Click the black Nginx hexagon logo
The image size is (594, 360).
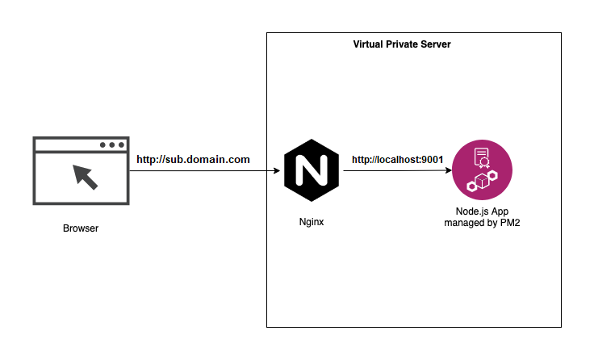point(310,170)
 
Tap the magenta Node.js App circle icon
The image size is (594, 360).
point(482,170)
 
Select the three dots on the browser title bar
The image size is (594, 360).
point(112,145)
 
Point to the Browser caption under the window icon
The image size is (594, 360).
point(81,228)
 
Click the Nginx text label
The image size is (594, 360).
point(311,222)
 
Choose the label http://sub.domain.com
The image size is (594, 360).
point(193,160)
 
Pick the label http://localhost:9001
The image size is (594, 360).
point(398,160)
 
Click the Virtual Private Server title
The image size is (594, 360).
point(402,44)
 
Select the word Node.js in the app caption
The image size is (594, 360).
point(473,211)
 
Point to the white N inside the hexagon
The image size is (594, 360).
point(310,170)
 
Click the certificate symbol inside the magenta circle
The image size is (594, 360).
point(481,157)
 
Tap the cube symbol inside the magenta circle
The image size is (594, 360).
point(483,182)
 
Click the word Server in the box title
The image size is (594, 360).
point(435,44)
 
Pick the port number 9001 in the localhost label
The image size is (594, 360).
point(432,160)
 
